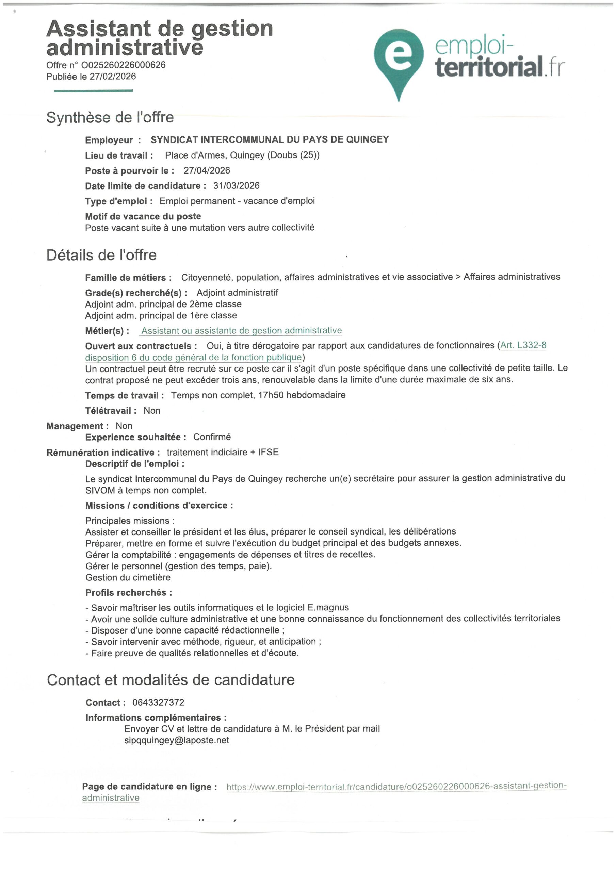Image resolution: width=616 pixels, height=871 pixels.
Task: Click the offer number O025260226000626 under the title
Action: click(123, 65)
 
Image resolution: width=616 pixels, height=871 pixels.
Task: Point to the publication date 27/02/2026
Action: click(113, 76)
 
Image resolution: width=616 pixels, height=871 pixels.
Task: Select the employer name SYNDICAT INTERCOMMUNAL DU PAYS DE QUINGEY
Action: click(270, 139)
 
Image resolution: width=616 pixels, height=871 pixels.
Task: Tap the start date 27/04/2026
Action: click(207, 170)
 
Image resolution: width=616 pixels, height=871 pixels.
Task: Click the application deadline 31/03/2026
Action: click(237, 185)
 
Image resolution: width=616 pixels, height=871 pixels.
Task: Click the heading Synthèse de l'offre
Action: click(110, 117)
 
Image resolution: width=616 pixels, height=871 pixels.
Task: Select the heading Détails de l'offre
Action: click(101, 255)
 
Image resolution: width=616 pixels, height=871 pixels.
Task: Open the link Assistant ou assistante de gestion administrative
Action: click(241, 330)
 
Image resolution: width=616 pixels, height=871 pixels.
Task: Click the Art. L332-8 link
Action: click(523, 345)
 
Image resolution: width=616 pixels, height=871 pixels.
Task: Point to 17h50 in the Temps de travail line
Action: click(271, 395)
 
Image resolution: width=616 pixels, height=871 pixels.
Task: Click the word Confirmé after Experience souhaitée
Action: click(212, 437)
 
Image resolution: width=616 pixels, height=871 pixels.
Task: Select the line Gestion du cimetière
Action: click(128, 577)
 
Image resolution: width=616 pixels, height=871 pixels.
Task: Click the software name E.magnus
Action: click(328, 607)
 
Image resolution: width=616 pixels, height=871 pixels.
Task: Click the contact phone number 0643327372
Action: click(158, 702)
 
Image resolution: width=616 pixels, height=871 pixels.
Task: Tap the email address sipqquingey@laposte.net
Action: click(177, 740)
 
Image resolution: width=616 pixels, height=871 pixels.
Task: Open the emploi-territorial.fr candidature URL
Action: click(396, 786)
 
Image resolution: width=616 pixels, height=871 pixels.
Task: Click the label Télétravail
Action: click(108, 410)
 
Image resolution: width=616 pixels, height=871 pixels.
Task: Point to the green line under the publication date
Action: click(93, 91)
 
